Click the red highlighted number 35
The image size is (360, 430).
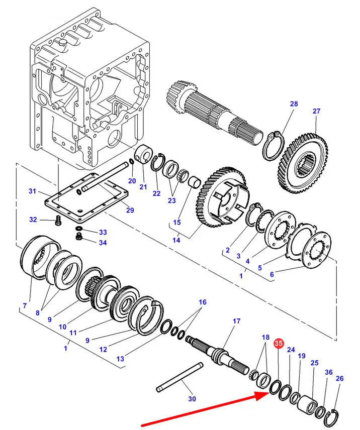278,343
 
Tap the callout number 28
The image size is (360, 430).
294,104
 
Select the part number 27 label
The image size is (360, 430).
316,111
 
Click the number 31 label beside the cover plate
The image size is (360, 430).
32,191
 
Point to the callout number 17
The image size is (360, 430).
236,321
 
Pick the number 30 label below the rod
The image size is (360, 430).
192,399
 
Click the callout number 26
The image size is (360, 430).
340,378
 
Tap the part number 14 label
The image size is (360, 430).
176,240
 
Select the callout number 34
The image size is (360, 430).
103,243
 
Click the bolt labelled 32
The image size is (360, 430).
58,220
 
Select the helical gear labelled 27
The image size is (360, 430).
303,163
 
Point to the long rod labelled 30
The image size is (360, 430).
179,377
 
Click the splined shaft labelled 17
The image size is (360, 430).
217,356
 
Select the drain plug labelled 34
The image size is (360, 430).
79,237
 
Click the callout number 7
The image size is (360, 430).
25,305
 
